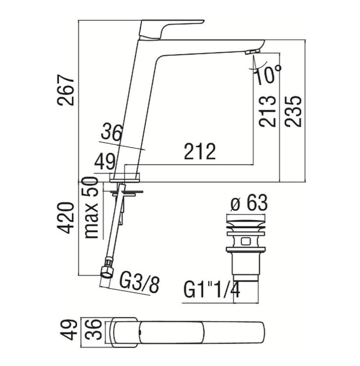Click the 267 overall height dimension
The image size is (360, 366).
[x=66, y=90]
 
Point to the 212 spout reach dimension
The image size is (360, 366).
[x=200, y=152]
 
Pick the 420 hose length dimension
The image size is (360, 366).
[x=66, y=218]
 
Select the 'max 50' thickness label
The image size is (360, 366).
[x=91, y=208]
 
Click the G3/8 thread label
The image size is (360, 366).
[x=139, y=284]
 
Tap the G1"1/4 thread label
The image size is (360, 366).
[x=212, y=290]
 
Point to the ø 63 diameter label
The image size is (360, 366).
[x=249, y=203]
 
